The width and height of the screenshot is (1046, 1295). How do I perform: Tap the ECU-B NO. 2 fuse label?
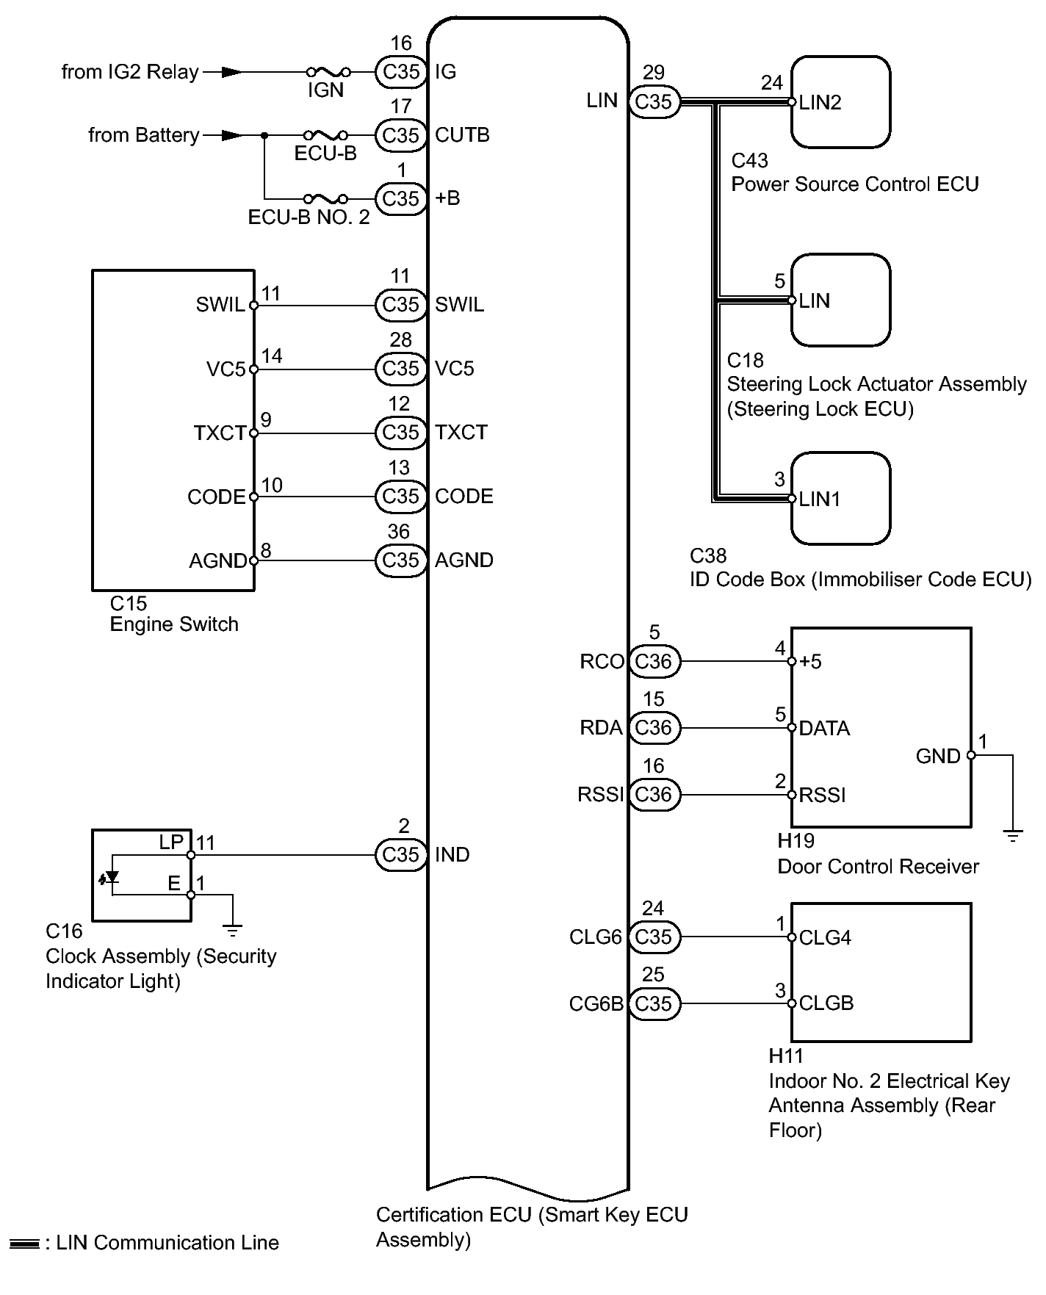click(309, 218)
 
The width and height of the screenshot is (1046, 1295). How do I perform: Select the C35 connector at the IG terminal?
click(401, 72)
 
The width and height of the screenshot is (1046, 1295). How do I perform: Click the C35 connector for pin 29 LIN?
click(654, 101)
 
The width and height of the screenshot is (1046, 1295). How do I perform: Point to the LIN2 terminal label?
click(820, 103)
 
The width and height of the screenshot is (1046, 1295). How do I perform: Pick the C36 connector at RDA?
click(654, 728)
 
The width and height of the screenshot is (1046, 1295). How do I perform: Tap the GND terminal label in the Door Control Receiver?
click(938, 756)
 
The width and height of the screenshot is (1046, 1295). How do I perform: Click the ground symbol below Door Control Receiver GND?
click(1012, 836)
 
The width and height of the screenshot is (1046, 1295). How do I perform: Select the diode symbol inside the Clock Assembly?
click(112, 876)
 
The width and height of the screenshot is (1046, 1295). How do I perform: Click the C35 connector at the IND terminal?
click(401, 855)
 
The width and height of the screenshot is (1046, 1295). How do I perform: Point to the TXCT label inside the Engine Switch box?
click(220, 433)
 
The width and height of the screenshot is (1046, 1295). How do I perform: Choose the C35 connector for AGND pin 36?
click(401, 560)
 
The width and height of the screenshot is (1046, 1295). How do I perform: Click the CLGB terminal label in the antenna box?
click(826, 1003)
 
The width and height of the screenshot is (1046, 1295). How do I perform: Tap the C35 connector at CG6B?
click(654, 1003)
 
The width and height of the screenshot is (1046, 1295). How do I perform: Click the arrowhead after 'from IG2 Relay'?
click(231, 72)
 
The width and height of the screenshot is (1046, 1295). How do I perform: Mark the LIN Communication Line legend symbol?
click(25, 1244)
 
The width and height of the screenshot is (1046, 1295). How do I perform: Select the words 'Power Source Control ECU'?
click(854, 184)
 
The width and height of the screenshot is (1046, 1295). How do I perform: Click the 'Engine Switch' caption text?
click(174, 624)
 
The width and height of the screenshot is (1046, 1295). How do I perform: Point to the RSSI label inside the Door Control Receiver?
click(823, 796)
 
